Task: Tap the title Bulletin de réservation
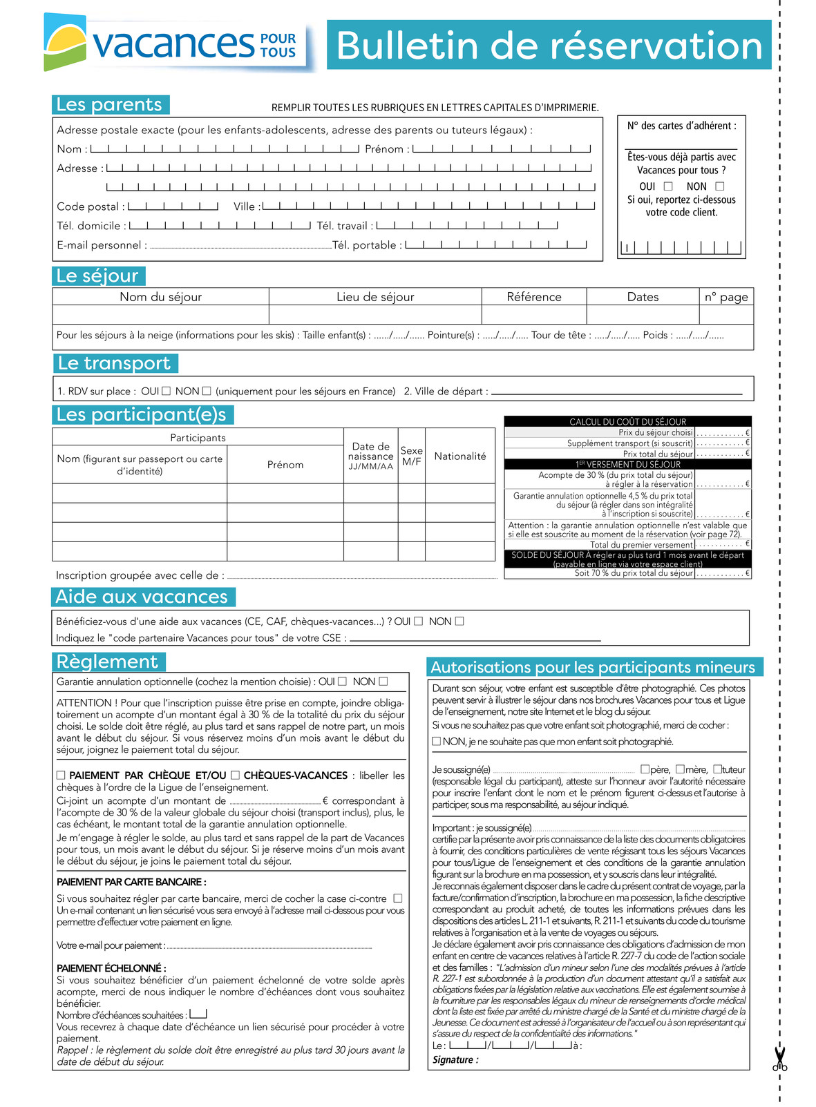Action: click(x=549, y=46)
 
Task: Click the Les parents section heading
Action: click(x=110, y=105)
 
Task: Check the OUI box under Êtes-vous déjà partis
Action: click(x=668, y=186)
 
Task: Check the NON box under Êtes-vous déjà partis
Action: click(x=720, y=186)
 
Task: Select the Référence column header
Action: click(x=533, y=297)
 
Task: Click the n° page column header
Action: click(x=725, y=297)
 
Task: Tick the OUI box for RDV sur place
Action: click(x=167, y=391)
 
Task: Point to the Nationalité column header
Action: click(x=459, y=456)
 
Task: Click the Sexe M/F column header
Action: click(x=411, y=456)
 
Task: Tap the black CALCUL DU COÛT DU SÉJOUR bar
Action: click(x=627, y=421)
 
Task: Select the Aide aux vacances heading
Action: click(x=142, y=597)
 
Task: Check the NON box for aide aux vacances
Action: click(x=459, y=621)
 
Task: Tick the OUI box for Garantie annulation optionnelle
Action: click(x=343, y=682)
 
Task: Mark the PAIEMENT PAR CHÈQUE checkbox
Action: click(x=61, y=776)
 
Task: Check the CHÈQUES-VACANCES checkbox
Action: click(x=236, y=776)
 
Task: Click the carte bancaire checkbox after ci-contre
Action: click(x=397, y=898)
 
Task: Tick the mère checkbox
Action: click(x=680, y=769)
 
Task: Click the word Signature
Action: click(x=453, y=1060)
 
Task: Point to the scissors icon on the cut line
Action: click(x=780, y=1059)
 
